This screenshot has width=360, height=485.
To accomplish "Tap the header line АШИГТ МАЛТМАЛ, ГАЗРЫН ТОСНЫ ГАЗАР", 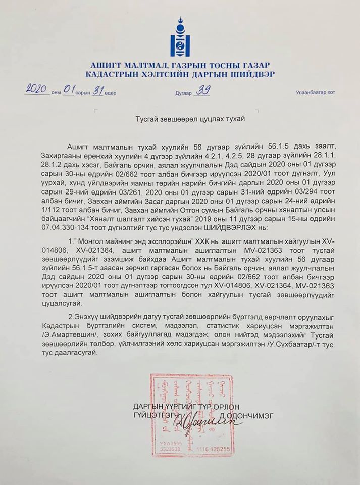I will (x=180, y=65).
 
